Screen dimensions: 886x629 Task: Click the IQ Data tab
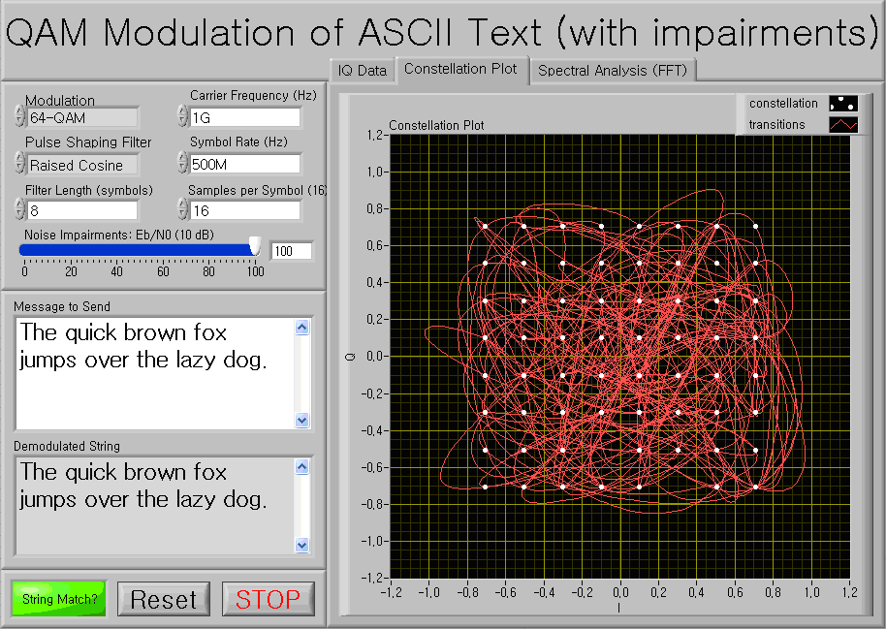(x=363, y=71)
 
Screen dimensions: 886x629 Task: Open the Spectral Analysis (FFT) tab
(x=613, y=70)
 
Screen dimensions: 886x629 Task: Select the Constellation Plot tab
(x=460, y=69)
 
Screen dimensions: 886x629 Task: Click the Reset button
(x=164, y=599)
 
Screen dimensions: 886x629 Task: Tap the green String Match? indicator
(x=59, y=599)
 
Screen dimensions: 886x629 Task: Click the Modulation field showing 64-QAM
(x=82, y=117)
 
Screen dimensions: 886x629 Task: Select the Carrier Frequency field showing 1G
(x=244, y=117)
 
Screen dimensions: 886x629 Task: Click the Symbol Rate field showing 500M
(x=244, y=164)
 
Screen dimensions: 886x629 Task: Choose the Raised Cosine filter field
(x=82, y=165)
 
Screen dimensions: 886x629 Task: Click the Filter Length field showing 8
(x=82, y=210)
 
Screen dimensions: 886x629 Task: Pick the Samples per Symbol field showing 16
(x=244, y=210)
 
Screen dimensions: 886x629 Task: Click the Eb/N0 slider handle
(x=255, y=246)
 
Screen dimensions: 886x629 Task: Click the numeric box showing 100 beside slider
(x=292, y=251)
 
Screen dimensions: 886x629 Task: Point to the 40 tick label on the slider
(x=116, y=271)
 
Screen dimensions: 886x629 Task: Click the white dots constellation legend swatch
(x=843, y=104)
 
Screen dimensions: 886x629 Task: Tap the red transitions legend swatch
(x=843, y=124)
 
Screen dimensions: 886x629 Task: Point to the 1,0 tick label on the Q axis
(x=374, y=172)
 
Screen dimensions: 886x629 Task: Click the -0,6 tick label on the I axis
(x=505, y=592)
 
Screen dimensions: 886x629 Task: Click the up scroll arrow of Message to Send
(x=302, y=328)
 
